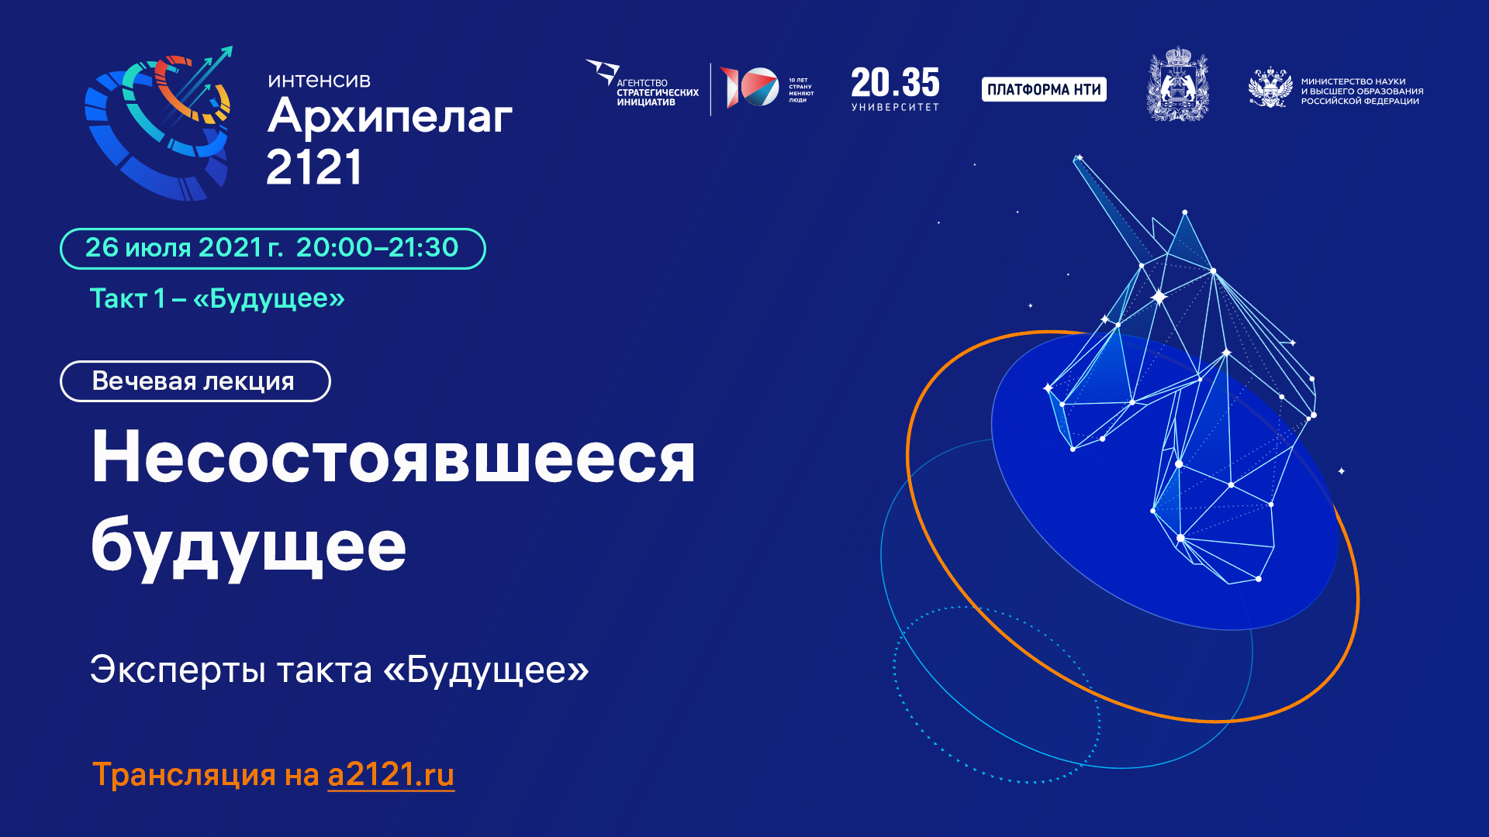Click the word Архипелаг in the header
389,118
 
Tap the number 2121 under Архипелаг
314,167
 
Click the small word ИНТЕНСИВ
320,81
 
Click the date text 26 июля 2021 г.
183,248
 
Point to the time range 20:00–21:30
377,248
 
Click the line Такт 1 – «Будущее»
217,298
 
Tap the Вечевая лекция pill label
195,381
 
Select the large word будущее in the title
248,546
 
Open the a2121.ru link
391,775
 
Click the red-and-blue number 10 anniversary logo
749,88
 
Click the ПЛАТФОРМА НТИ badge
1044,89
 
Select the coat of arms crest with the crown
1177,85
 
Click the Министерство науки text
1362,91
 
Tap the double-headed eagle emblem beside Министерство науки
1270,88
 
